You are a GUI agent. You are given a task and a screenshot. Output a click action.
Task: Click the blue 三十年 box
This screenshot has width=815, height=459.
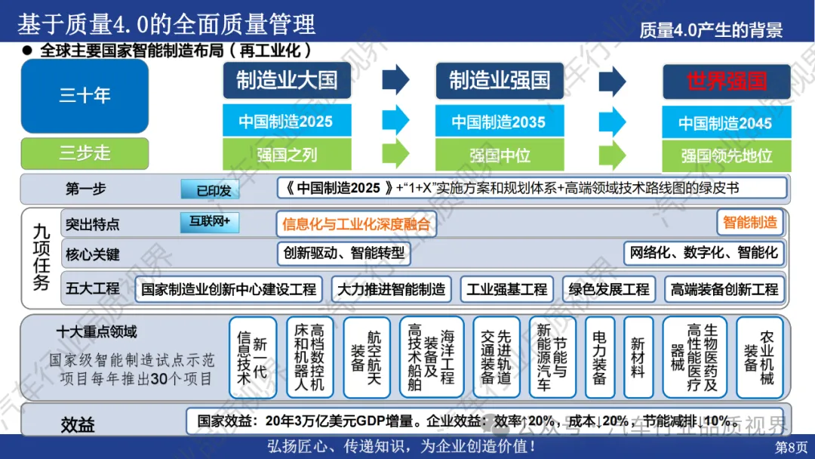pos(85,96)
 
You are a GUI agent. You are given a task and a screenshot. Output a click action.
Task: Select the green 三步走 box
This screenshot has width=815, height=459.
pos(85,153)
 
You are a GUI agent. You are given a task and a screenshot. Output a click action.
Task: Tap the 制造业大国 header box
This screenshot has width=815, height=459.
pos(286,81)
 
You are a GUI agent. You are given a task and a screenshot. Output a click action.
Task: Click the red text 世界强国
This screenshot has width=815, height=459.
pos(726,82)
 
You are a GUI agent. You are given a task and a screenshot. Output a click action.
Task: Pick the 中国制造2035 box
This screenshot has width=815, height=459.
pos(498,122)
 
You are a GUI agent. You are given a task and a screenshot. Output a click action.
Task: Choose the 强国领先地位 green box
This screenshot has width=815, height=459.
pos(726,156)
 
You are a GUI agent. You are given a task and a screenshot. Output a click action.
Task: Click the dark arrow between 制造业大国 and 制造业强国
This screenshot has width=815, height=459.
pos(395,81)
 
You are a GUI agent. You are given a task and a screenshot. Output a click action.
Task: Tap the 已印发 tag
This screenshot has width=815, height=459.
pos(214,190)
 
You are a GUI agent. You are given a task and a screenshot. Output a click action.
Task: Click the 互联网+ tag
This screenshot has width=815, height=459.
pos(210,222)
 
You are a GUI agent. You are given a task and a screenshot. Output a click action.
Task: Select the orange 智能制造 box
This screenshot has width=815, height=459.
pos(749,222)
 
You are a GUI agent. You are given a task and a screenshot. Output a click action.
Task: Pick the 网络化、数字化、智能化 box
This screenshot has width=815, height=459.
pos(703,253)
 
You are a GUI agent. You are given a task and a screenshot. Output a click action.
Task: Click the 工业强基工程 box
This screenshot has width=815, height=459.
pos(506,289)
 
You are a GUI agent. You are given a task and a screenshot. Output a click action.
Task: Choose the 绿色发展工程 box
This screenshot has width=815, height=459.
pos(608,289)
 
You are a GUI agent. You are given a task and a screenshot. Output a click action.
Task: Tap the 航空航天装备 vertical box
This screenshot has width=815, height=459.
pos(367,357)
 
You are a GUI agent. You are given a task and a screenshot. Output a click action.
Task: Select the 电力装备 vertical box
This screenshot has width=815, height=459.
pos(600,357)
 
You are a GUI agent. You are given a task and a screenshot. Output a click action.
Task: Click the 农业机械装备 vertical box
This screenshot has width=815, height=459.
pos(759,357)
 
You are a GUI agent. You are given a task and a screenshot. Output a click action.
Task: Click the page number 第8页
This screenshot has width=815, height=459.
pos(791,447)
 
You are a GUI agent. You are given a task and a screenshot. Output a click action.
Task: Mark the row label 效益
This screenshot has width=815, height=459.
pos(78,424)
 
